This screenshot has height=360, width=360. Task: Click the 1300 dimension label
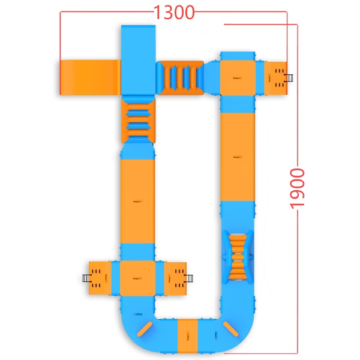pos(174,13)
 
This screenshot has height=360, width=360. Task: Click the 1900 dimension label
pos(298,189)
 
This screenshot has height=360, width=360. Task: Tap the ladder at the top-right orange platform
pos(290,78)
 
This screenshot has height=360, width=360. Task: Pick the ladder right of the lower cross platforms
pos(189,278)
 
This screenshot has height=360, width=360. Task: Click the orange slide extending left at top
pos(90,77)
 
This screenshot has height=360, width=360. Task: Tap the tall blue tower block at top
pos(139,59)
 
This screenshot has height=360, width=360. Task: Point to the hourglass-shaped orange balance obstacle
pos(238,257)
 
